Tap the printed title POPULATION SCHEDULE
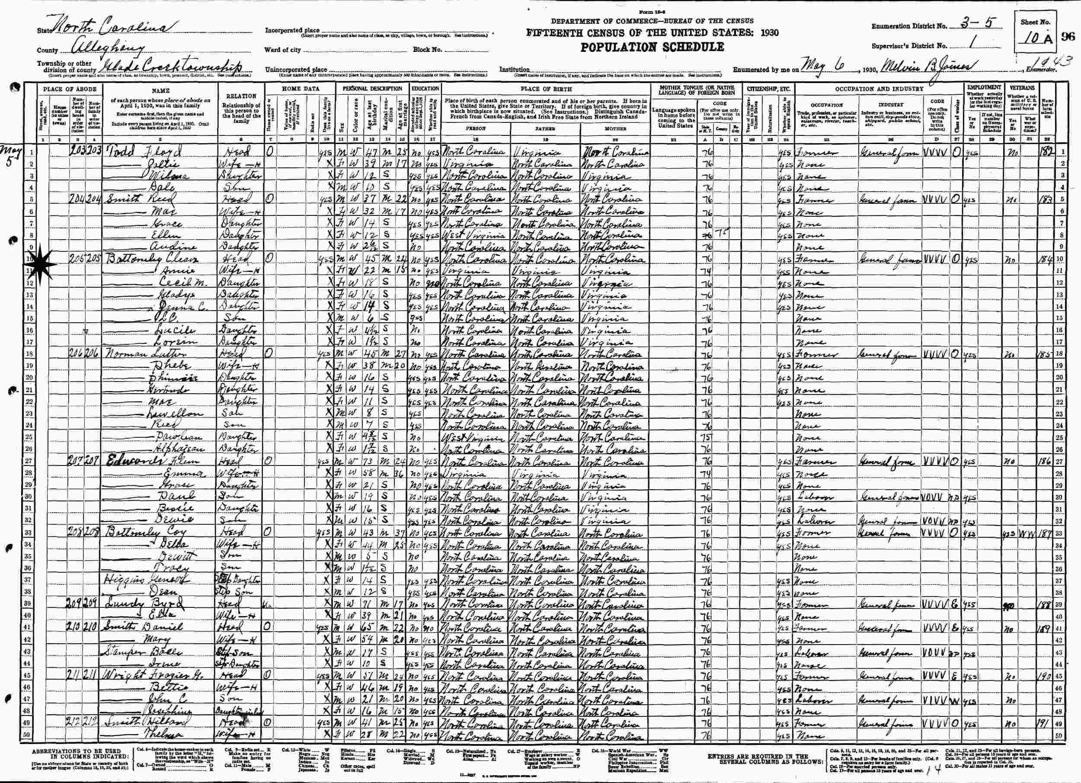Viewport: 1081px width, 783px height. pyautogui.click(x=652, y=47)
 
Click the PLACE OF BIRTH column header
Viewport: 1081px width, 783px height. pyautogui.click(x=546, y=89)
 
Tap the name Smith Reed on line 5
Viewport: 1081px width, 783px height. pyautogui.click(x=137, y=199)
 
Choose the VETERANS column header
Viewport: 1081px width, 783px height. pyautogui.click(x=1021, y=88)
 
